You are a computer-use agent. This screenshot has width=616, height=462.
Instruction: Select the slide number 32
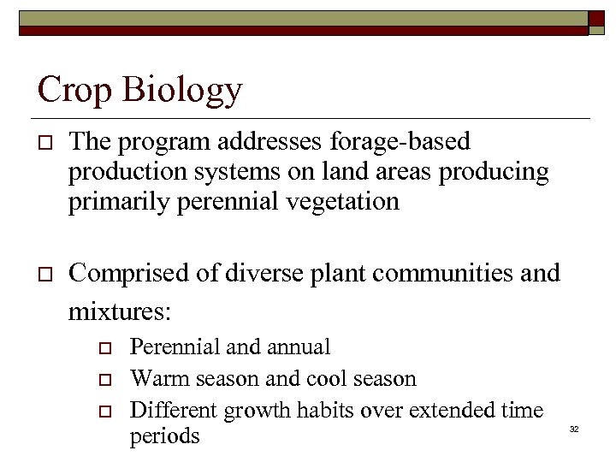pyautogui.click(x=574, y=428)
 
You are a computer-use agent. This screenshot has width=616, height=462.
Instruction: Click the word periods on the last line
pyautogui.click(x=164, y=436)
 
